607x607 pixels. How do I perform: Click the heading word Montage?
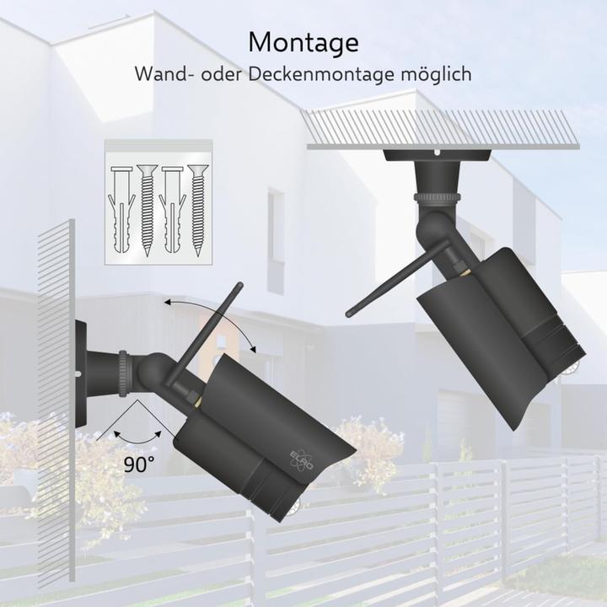point(303,43)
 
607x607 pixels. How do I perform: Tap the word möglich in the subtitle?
point(436,74)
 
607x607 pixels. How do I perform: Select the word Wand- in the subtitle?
point(164,73)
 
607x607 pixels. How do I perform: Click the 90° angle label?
point(139,465)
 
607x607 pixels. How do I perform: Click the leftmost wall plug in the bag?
point(121,210)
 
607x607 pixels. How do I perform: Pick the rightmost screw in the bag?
point(198,210)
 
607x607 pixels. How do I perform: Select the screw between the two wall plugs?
point(147,210)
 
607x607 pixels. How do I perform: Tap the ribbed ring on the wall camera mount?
point(123,373)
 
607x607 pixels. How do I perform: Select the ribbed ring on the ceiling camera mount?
point(438,197)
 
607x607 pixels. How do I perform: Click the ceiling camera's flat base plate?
point(437,155)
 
